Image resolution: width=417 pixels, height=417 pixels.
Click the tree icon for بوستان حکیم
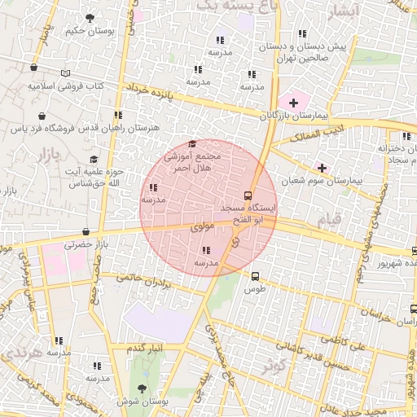pyautogui.click(x=90, y=17)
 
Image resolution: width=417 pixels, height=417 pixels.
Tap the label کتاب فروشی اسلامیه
pyautogui.click(x=63, y=85)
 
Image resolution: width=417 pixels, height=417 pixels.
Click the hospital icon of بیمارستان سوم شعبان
pyautogui.click(x=322, y=167)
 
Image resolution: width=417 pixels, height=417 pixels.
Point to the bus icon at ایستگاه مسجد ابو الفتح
pyautogui.click(x=248, y=195)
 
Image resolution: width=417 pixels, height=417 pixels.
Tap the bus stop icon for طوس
pyautogui.click(x=256, y=275)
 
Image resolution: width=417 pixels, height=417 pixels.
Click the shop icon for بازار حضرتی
pyautogui.click(x=86, y=231)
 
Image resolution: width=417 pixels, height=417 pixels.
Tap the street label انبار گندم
pyautogui.click(x=147, y=348)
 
